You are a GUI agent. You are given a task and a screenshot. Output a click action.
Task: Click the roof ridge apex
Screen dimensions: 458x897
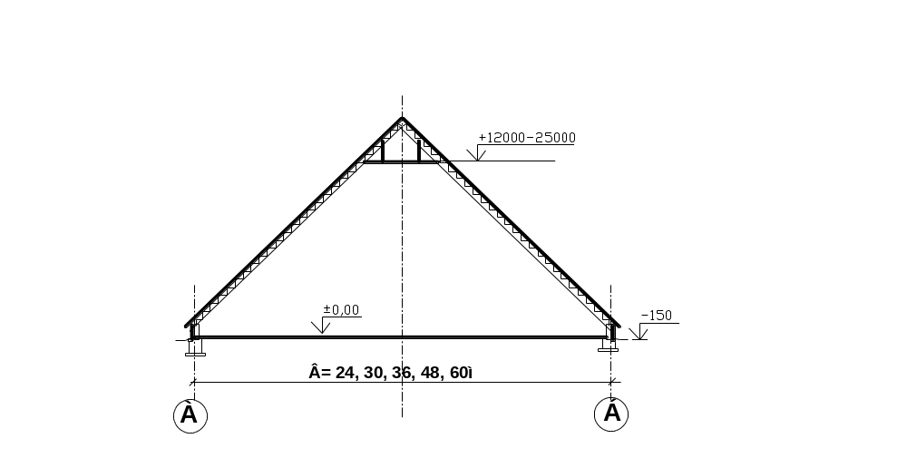(x=403, y=119)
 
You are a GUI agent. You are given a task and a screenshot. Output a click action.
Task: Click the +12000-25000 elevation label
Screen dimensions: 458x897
(x=527, y=138)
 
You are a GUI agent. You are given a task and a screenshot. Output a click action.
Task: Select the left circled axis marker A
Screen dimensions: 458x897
(x=190, y=414)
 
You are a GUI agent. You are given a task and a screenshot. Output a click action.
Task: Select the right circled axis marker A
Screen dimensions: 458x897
(x=612, y=414)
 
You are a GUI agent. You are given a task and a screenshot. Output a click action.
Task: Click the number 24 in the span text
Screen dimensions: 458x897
(x=344, y=372)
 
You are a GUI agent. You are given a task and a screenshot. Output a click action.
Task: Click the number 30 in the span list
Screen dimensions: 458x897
(x=374, y=372)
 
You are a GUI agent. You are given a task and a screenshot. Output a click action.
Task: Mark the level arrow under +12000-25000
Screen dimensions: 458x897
(x=481, y=154)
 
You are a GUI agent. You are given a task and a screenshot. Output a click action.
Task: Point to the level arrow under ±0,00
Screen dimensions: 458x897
(x=326, y=327)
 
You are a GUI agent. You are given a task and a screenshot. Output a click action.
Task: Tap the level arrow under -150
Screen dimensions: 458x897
(x=639, y=332)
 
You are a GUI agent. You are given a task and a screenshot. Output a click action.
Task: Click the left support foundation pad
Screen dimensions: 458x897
(x=194, y=349)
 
